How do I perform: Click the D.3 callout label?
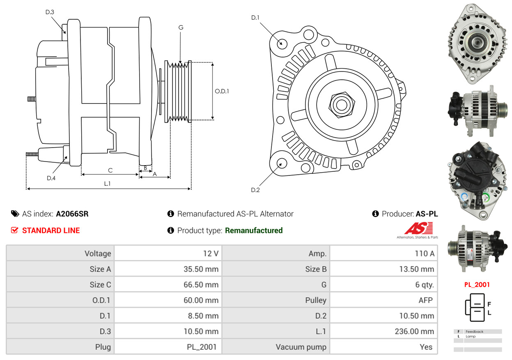(50, 12)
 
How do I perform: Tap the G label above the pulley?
(181, 28)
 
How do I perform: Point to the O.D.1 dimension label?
(222, 91)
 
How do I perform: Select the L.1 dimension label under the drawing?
(107, 184)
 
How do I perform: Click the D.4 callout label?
(51, 178)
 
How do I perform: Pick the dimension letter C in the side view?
(110, 170)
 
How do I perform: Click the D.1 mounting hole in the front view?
(282, 43)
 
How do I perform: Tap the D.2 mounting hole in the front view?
(281, 163)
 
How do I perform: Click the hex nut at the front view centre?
(340, 104)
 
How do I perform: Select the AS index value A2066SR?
(72, 214)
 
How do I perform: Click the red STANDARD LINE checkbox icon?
(14, 230)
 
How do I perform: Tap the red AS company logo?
(418, 228)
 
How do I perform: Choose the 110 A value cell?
(425, 254)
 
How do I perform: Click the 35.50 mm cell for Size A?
(201, 269)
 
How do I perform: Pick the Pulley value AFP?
(425, 300)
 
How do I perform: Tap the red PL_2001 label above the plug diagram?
(477, 284)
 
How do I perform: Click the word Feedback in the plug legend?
(474, 331)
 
